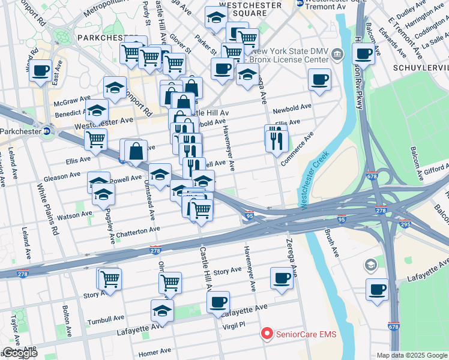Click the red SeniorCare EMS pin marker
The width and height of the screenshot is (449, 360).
(x=266, y=334)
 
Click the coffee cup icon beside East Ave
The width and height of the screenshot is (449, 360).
(x=41, y=71)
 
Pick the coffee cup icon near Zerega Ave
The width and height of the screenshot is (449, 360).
(x=282, y=278)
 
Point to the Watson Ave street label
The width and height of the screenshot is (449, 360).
(x=75, y=214)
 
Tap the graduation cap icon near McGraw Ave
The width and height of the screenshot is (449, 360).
(x=115, y=88)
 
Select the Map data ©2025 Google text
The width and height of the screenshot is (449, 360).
(x=412, y=355)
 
